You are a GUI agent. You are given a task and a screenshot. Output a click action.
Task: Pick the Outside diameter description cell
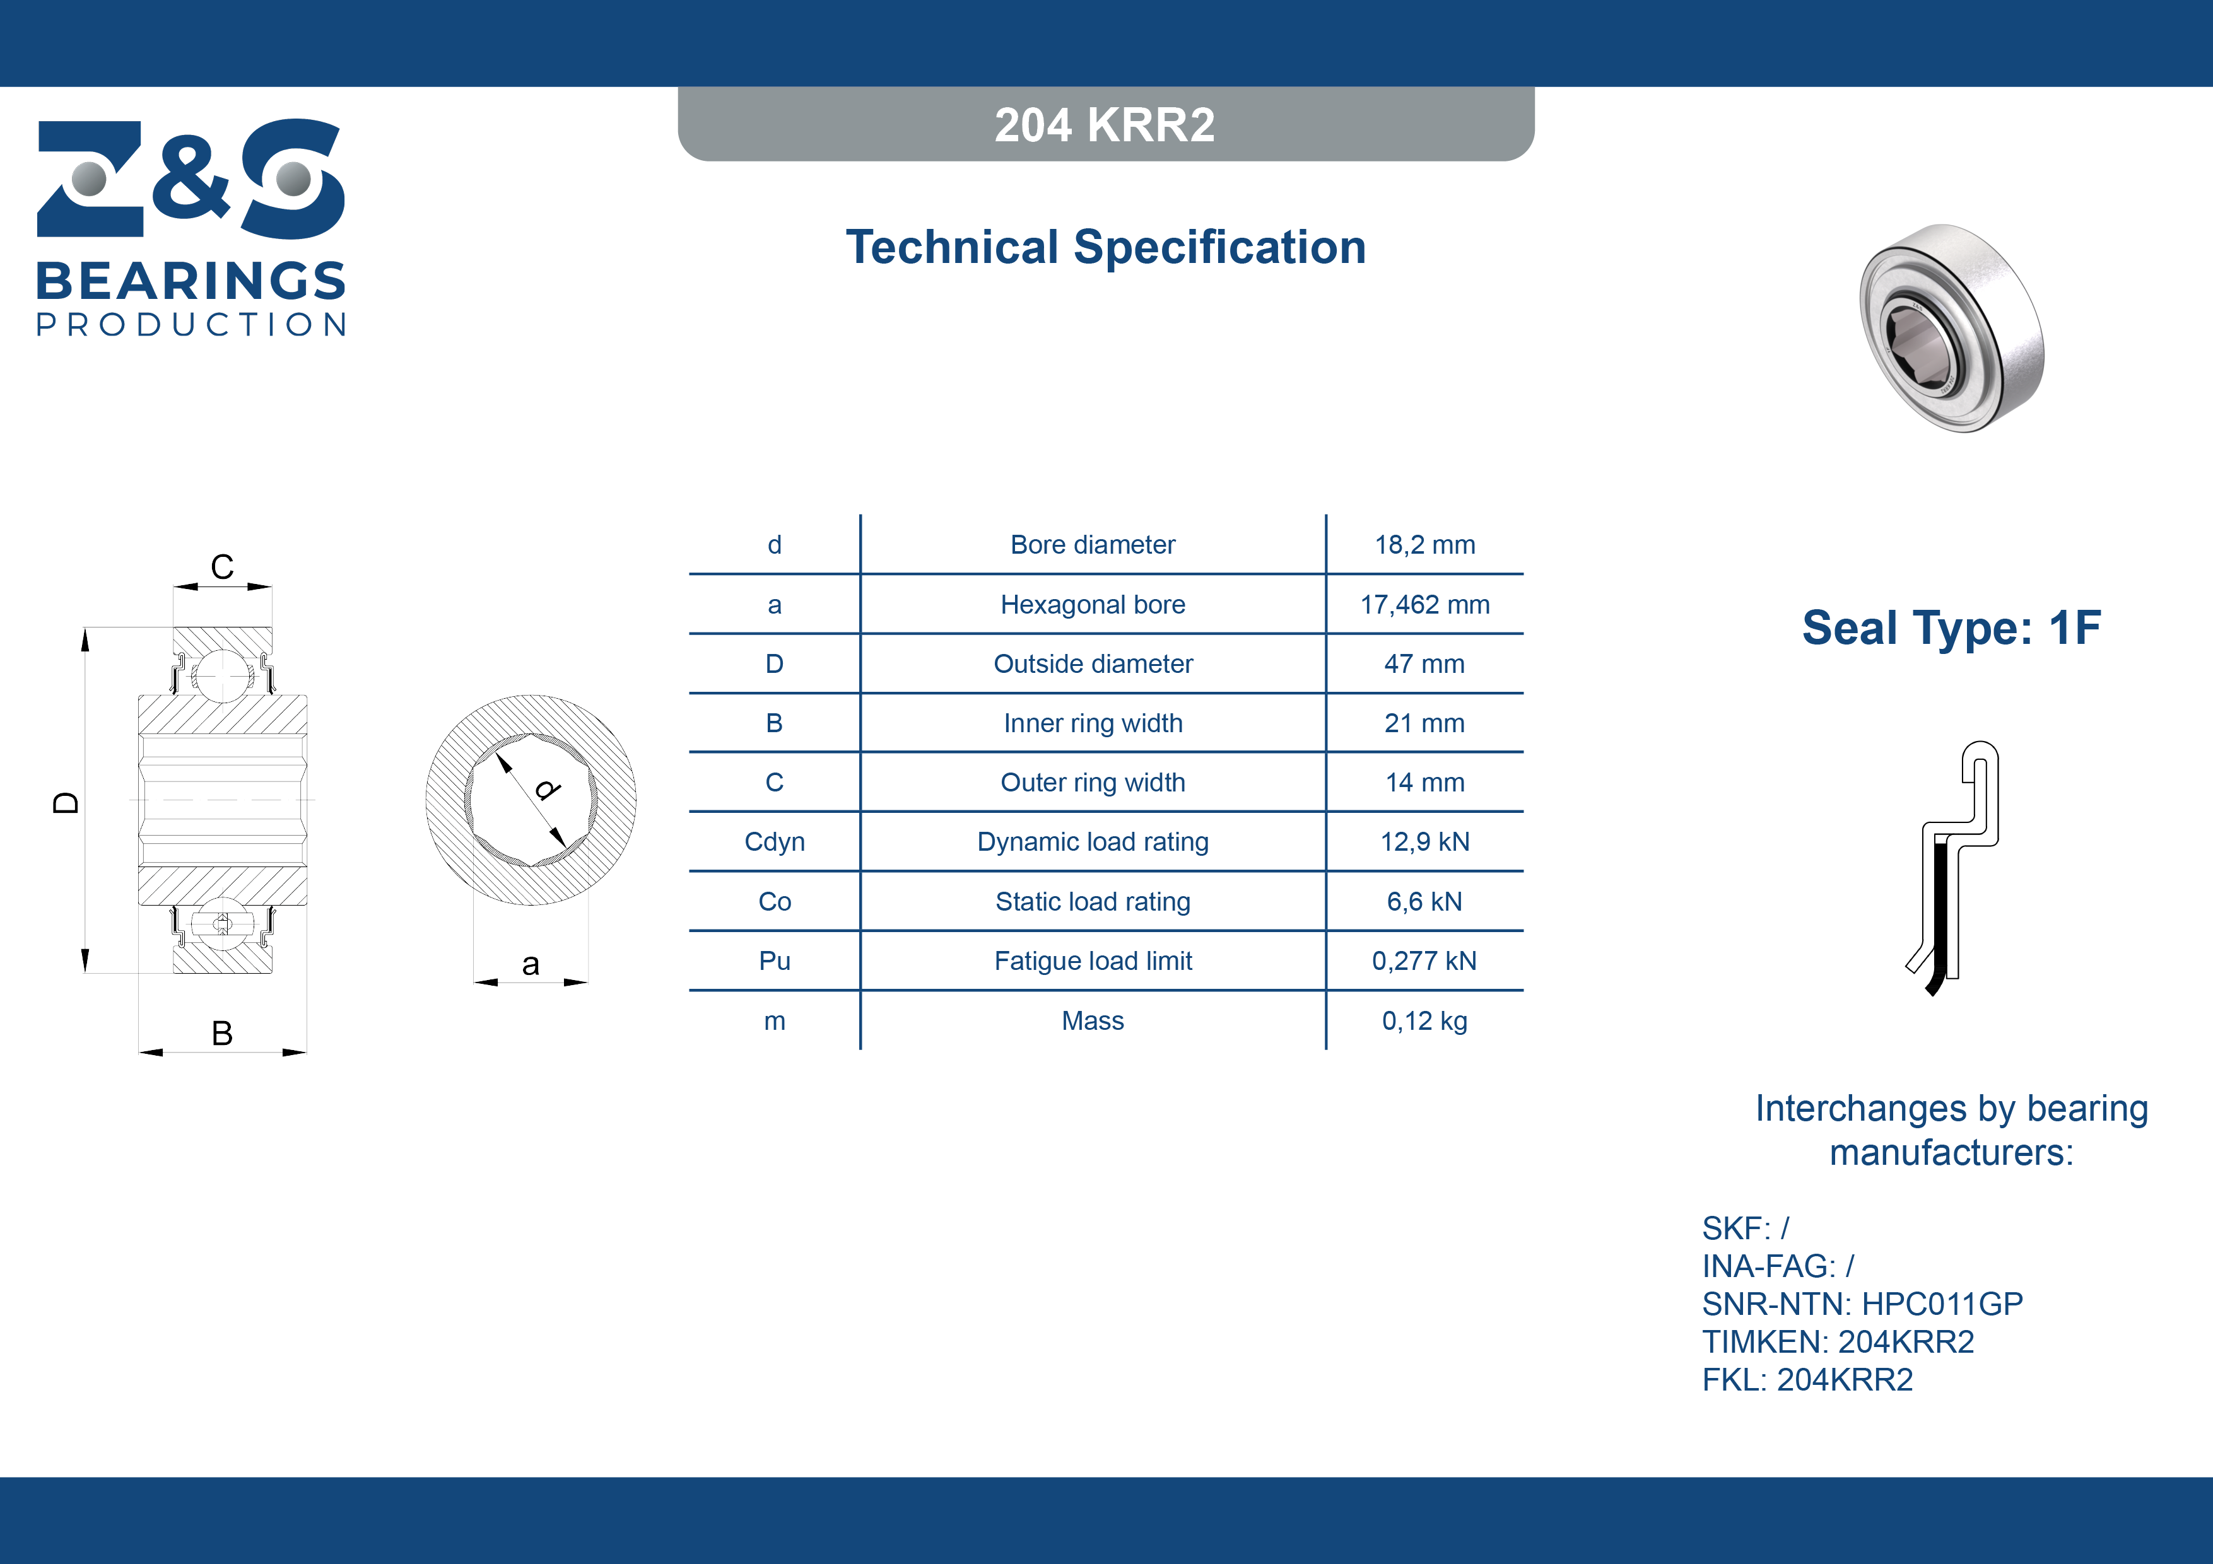point(1093,664)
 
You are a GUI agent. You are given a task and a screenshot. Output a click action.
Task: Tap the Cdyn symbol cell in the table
point(774,843)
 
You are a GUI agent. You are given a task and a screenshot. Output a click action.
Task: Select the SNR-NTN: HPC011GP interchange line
point(1862,1304)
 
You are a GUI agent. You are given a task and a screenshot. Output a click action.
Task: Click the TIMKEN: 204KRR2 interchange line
point(1838,1341)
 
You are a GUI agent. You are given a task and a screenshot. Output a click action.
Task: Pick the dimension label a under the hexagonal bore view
point(530,965)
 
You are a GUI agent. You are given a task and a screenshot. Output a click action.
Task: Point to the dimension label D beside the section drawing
point(66,803)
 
